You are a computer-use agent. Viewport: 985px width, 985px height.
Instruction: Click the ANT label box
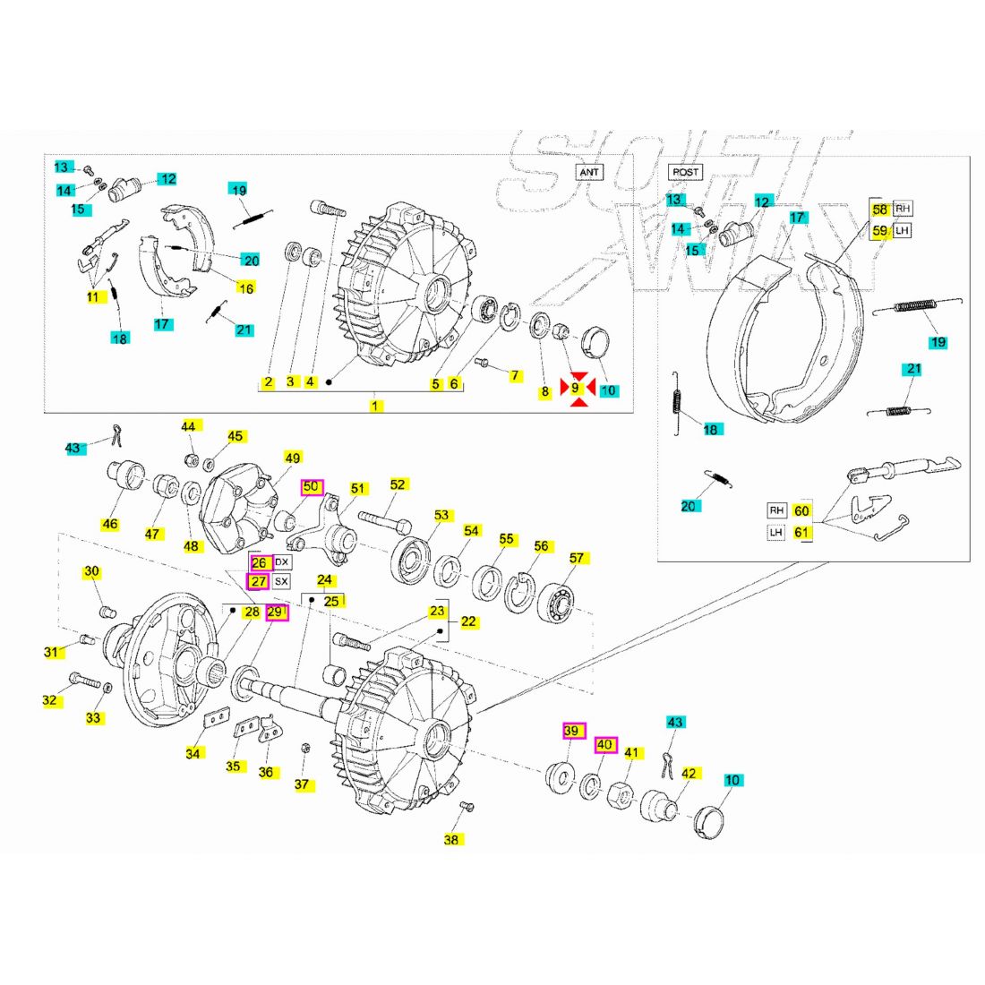coord(589,172)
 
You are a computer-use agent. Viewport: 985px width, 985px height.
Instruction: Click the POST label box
coord(686,172)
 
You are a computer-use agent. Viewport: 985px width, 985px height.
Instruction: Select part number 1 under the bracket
coord(376,406)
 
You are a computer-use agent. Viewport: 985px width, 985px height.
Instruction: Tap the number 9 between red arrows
coord(576,389)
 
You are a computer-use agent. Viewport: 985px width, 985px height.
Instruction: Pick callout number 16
coord(245,288)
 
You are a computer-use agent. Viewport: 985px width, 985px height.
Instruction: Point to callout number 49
coord(293,458)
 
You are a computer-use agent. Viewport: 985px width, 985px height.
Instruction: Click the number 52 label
coord(398,484)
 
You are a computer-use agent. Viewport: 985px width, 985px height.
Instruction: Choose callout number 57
coord(577,558)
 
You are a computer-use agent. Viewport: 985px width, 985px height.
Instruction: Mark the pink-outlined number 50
coord(312,487)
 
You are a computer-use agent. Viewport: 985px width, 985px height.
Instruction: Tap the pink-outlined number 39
coord(571,731)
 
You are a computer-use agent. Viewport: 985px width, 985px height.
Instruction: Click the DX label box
coord(282,562)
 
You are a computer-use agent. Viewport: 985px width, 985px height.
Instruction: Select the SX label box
coord(282,581)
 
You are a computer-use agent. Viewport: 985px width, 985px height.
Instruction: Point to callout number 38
coord(451,840)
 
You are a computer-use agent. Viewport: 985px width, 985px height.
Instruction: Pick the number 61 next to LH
coord(801,532)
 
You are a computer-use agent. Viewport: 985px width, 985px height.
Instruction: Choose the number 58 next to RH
coord(880,209)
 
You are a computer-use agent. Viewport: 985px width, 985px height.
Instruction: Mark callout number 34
coord(193,754)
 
